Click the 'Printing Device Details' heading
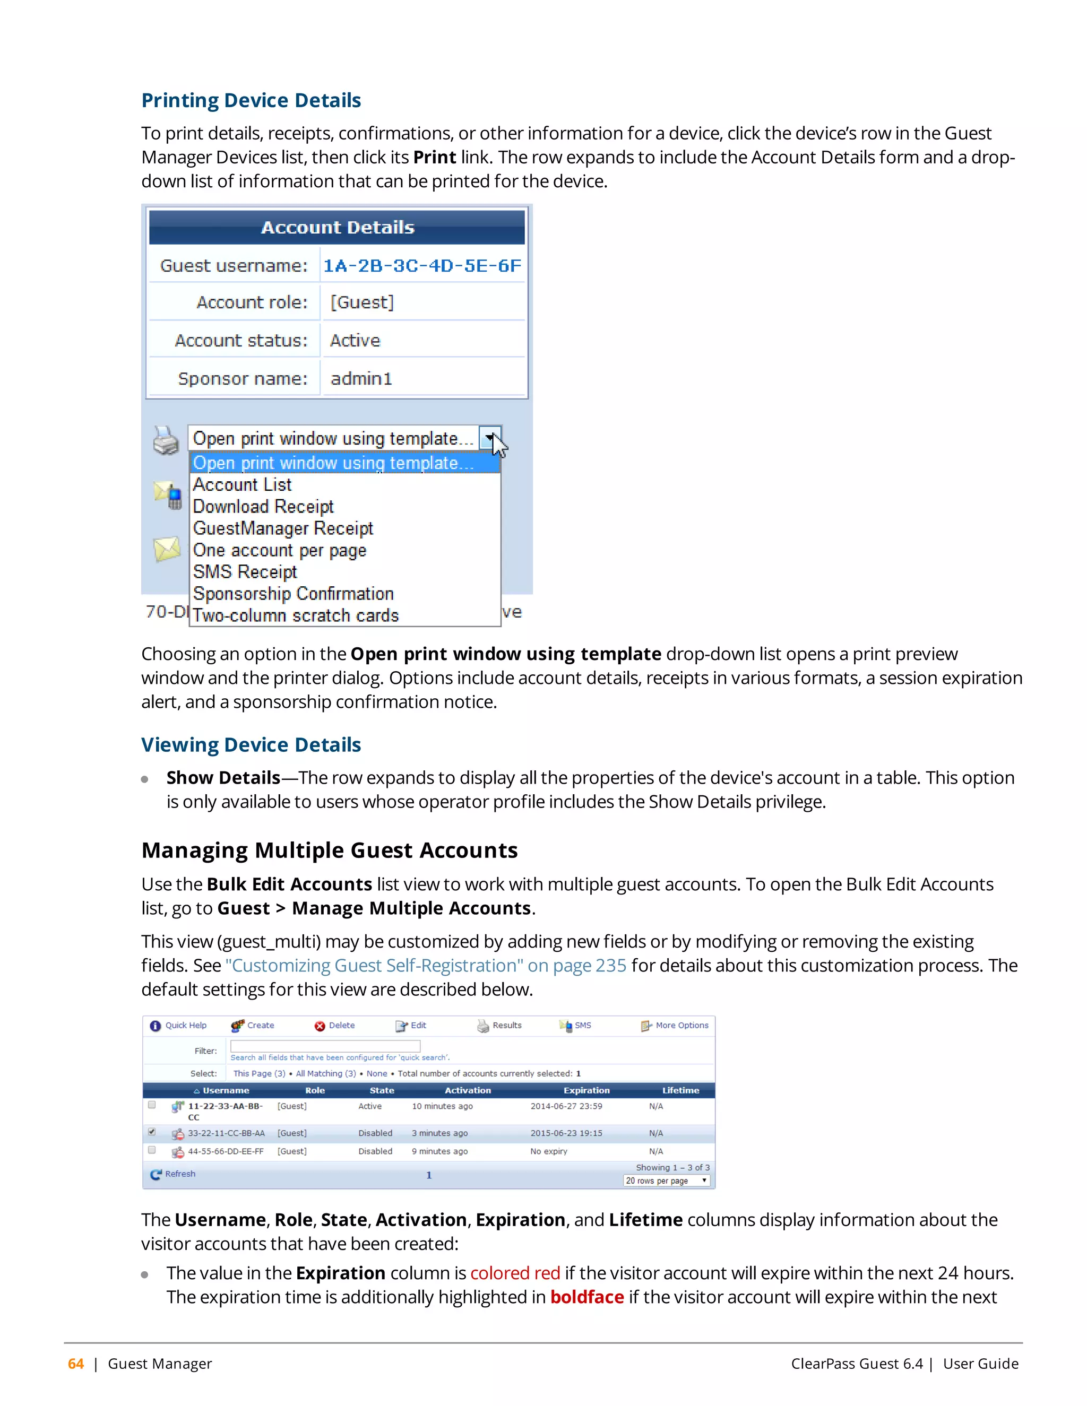[251, 100]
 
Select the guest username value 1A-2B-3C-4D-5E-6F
[422, 265]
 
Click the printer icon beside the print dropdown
[166, 440]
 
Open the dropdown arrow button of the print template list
[490, 438]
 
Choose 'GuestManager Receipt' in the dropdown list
[283, 528]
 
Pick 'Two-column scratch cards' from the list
[296, 615]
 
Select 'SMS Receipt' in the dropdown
[245, 571]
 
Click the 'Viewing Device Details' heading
[251, 745]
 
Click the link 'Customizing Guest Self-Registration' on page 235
[425, 966]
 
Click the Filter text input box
[325, 1046]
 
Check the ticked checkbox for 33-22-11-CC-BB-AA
[152, 1132]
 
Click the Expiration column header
[586, 1090]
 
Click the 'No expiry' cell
[549, 1151]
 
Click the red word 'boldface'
[586, 1297]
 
